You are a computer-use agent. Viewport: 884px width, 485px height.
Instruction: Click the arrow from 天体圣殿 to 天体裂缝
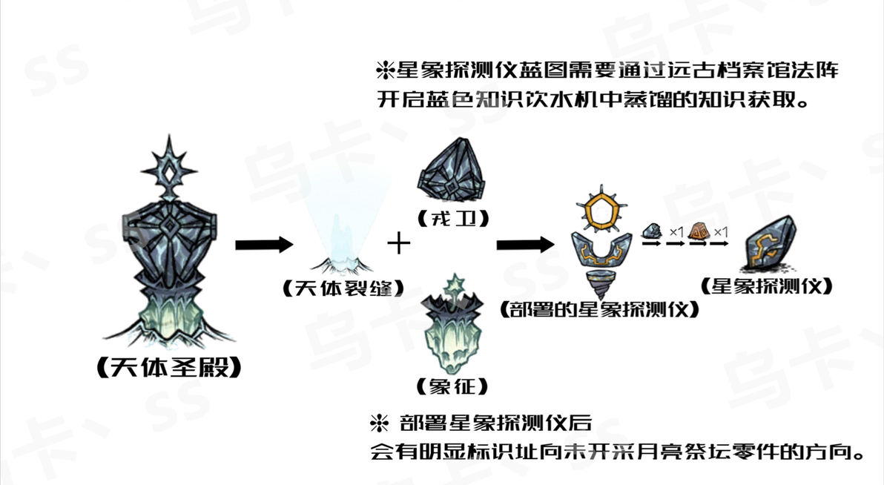[265, 245]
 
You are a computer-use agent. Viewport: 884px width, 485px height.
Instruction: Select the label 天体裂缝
[343, 288]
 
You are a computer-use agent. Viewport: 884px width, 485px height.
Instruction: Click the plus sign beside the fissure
[398, 244]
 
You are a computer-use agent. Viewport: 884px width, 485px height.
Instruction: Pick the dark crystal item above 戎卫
[452, 171]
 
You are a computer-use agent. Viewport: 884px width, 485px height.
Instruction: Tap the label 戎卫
[453, 218]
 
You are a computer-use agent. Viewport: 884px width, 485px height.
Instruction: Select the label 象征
[452, 386]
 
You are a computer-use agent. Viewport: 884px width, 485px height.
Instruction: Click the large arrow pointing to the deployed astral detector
[526, 245]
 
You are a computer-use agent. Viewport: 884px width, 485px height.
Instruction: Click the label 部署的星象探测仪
[599, 309]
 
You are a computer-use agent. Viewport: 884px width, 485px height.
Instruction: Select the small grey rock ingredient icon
[653, 231]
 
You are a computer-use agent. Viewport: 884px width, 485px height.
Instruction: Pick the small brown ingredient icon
[699, 231]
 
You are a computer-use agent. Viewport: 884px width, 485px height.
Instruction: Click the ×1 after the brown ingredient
[721, 232]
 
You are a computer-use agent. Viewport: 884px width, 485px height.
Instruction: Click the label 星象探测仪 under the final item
[767, 286]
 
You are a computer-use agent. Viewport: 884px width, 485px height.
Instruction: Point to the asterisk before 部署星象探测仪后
[379, 423]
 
